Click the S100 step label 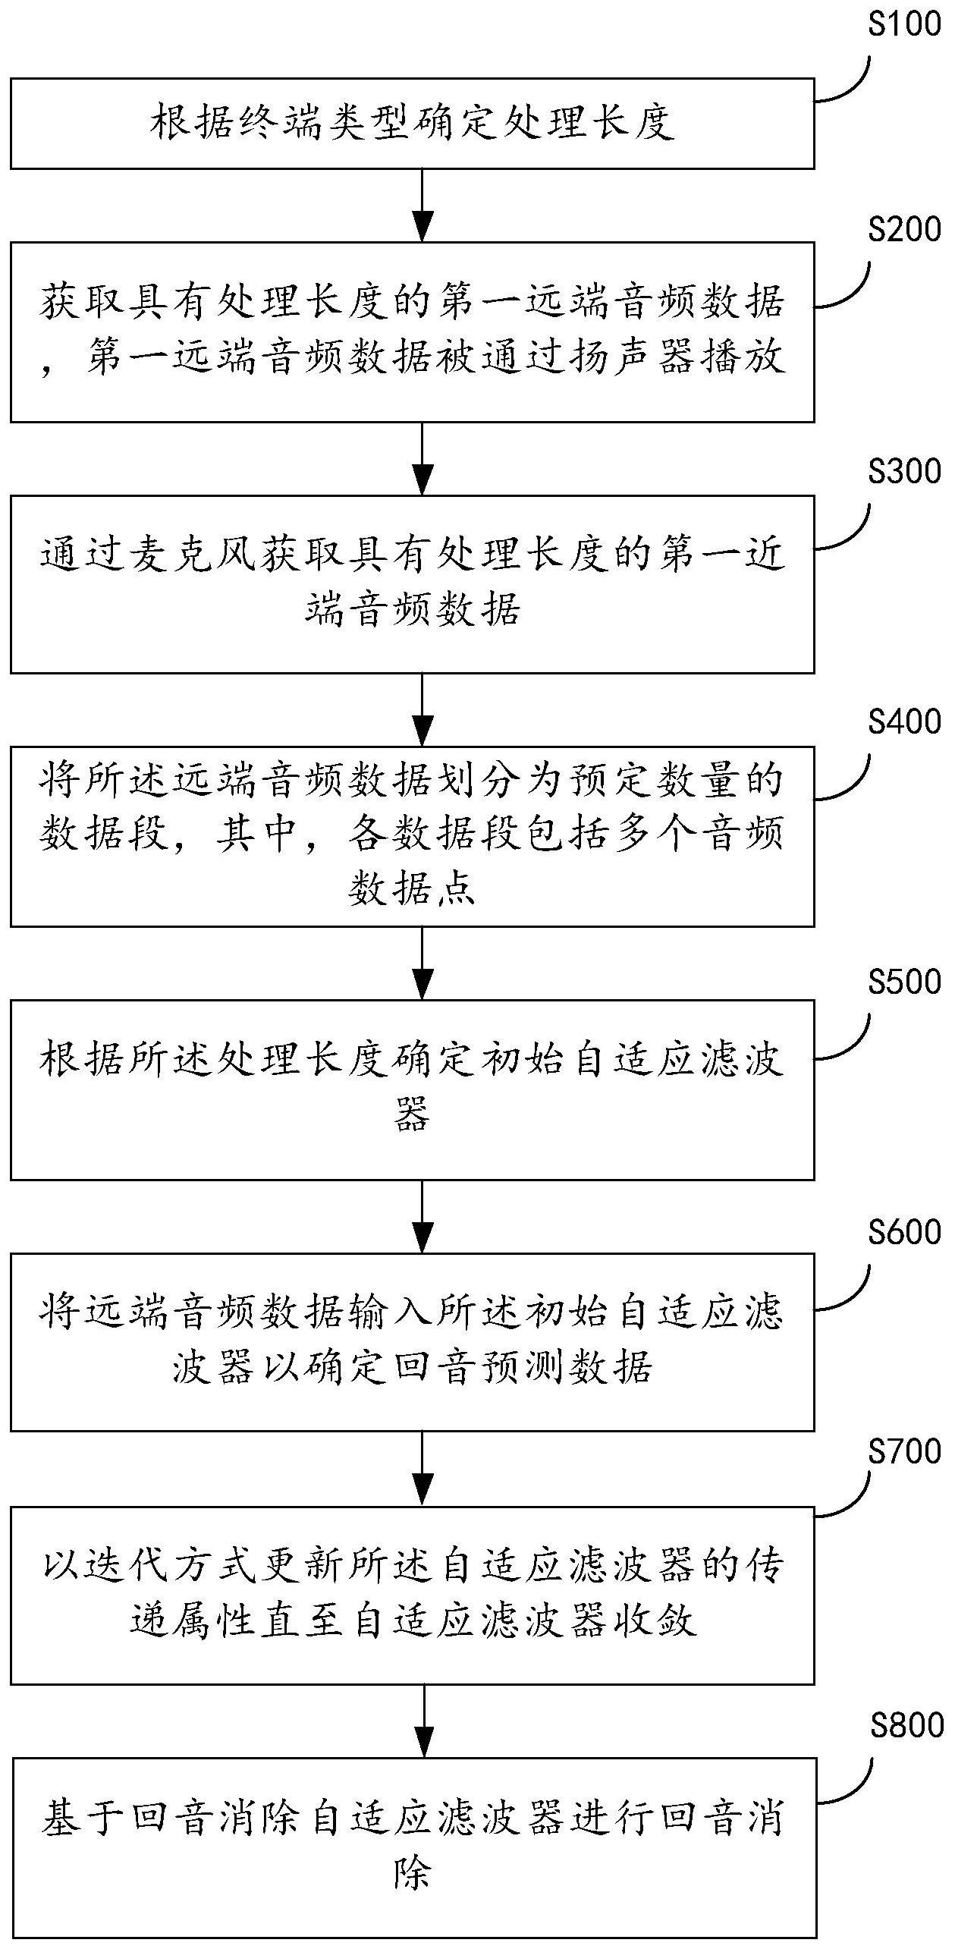[904, 25]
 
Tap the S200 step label [904, 228]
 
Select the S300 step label [904, 472]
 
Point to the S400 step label [904, 721]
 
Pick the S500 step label [904, 982]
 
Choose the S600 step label [904, 1233]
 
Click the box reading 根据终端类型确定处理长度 [412, 123]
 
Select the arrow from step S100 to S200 [423, 205]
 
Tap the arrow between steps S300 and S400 [423, 709]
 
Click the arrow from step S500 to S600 [423, 1215]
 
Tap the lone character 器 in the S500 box [412, 1114]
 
